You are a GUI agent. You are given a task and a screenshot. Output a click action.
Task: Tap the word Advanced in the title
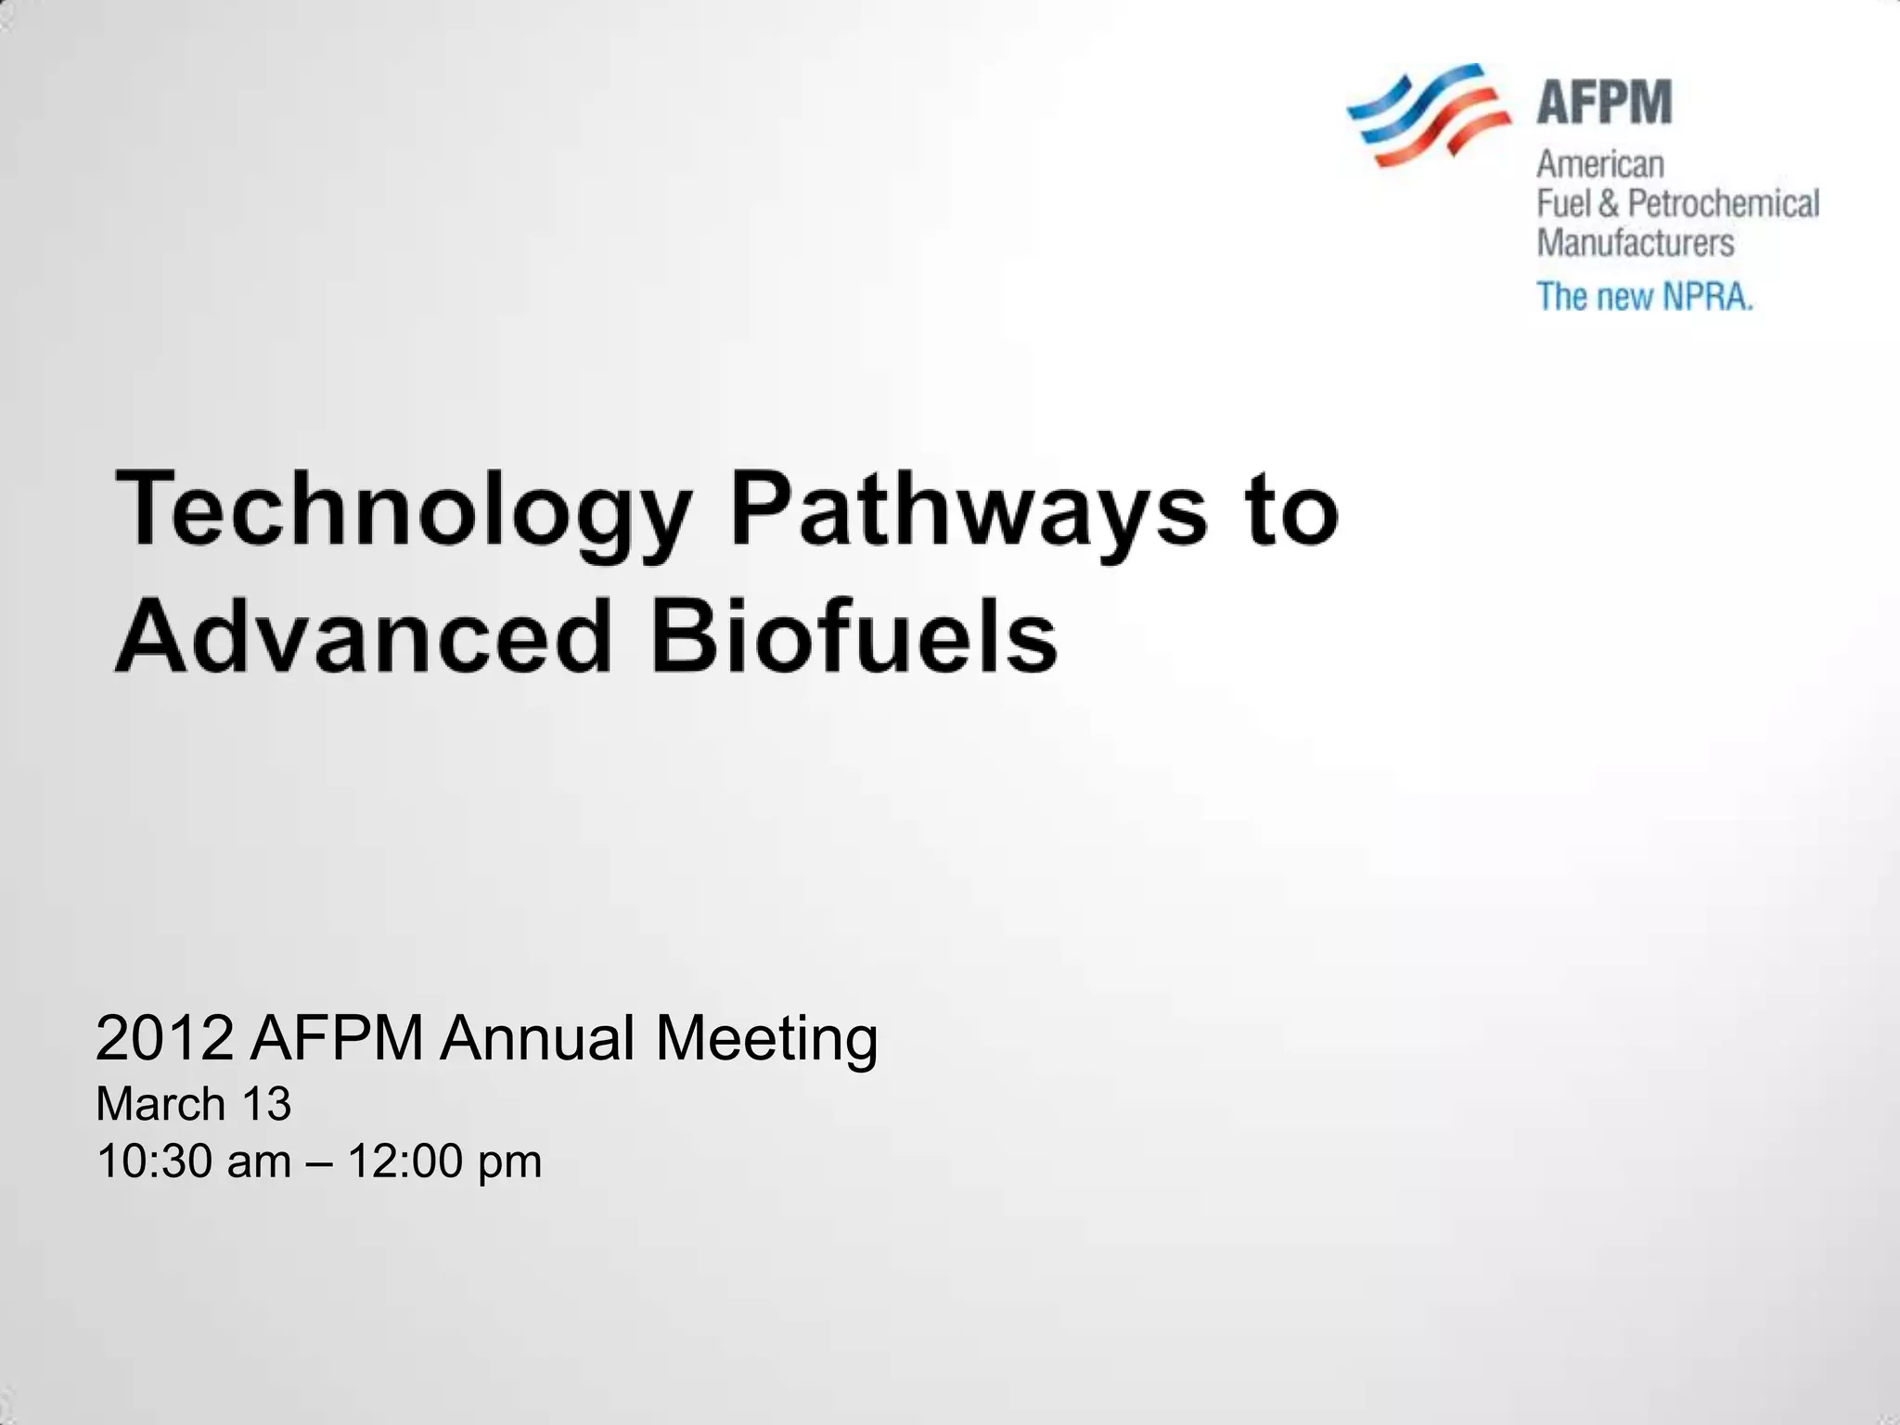[x=364, y=638]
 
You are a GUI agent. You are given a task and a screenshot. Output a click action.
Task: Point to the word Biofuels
[x=854, y=638]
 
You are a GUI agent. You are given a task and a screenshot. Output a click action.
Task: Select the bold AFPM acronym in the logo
[x=1604, y=102]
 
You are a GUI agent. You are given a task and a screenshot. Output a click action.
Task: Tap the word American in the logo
[x=1600, y=164]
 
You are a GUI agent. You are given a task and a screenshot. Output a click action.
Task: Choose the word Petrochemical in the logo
[x=1724, y=203]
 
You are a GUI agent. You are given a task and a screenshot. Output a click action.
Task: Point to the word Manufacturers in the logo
[x=1635, y=243]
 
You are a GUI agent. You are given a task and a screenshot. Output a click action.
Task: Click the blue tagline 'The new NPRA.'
[x=1645, y=297]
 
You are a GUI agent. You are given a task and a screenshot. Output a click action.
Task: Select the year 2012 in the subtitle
[x=164, y=1038]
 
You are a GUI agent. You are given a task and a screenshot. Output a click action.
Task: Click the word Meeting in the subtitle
[x=766, y=1038]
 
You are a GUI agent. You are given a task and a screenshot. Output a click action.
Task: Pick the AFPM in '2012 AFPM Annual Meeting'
[x=337, y=1038]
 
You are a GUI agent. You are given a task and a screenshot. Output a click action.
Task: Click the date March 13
[x=194, y=1104]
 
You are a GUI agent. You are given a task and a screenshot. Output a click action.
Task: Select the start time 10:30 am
[x=194, y=1162]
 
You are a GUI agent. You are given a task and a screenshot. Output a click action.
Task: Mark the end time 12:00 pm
[x=444, y=1162]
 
